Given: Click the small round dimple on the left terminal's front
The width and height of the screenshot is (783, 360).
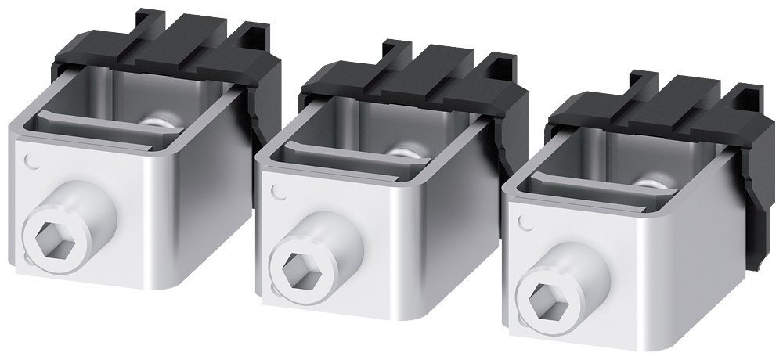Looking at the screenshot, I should click(x=31, y=162).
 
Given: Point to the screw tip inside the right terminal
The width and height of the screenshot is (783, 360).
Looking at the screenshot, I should click(x=655, y=183).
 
